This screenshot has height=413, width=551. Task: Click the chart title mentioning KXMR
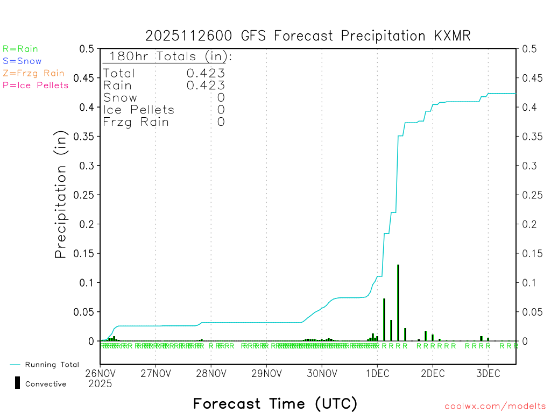click(308, 36)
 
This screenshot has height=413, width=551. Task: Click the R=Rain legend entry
click(20, 49)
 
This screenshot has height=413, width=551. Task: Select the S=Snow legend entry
click(22, 61)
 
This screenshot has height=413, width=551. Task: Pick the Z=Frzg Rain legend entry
click(33, 73)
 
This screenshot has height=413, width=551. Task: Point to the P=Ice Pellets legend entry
click(36, 85)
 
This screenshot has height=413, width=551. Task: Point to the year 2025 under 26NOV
click(100, 384)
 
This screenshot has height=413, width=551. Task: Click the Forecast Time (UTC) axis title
click(275, 403)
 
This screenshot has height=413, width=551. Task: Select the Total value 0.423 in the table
click(206, 73)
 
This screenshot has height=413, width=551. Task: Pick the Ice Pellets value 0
click(221, 110)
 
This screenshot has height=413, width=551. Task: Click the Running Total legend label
click(52, 365)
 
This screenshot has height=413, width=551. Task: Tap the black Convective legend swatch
click(17, 383)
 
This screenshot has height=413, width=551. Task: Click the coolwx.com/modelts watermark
click(495, 407)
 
